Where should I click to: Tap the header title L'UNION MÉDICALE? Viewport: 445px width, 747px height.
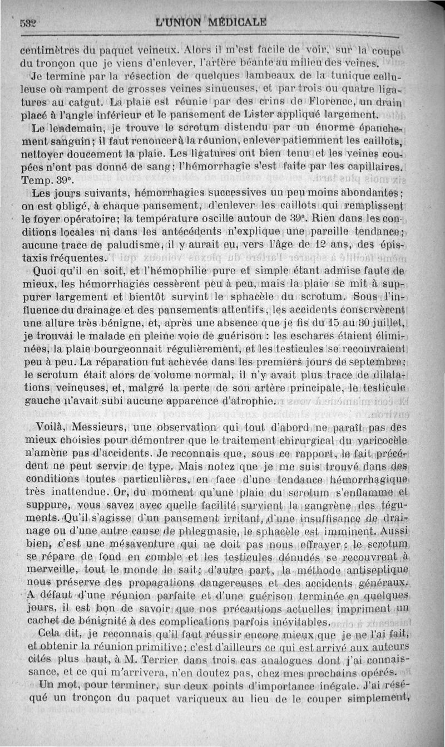[211, 23]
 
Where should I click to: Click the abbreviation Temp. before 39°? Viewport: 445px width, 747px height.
[35, 180]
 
